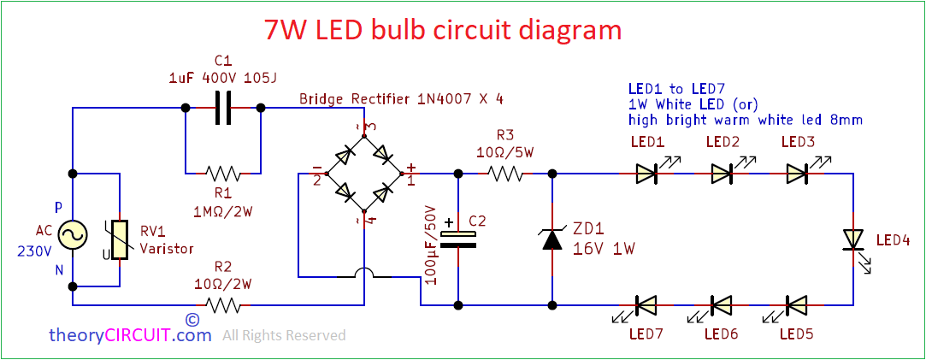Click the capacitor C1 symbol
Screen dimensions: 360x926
(223, 109)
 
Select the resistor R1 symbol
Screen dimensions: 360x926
(223, 173)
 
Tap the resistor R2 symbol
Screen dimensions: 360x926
(223, 304)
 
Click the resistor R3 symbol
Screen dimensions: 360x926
(505, 173)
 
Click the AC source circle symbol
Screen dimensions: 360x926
(73, 233)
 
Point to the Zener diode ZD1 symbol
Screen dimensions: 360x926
(553, 239)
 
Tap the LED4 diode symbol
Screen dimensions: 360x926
(852, 239)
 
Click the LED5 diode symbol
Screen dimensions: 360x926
(797, 304)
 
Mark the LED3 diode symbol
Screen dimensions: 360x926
(797, 174)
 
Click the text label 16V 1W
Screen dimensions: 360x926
(603, 250)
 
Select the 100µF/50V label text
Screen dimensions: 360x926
(430, 245)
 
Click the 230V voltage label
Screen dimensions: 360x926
(34, 251)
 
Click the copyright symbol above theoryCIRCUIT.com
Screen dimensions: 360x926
(192, 319)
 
